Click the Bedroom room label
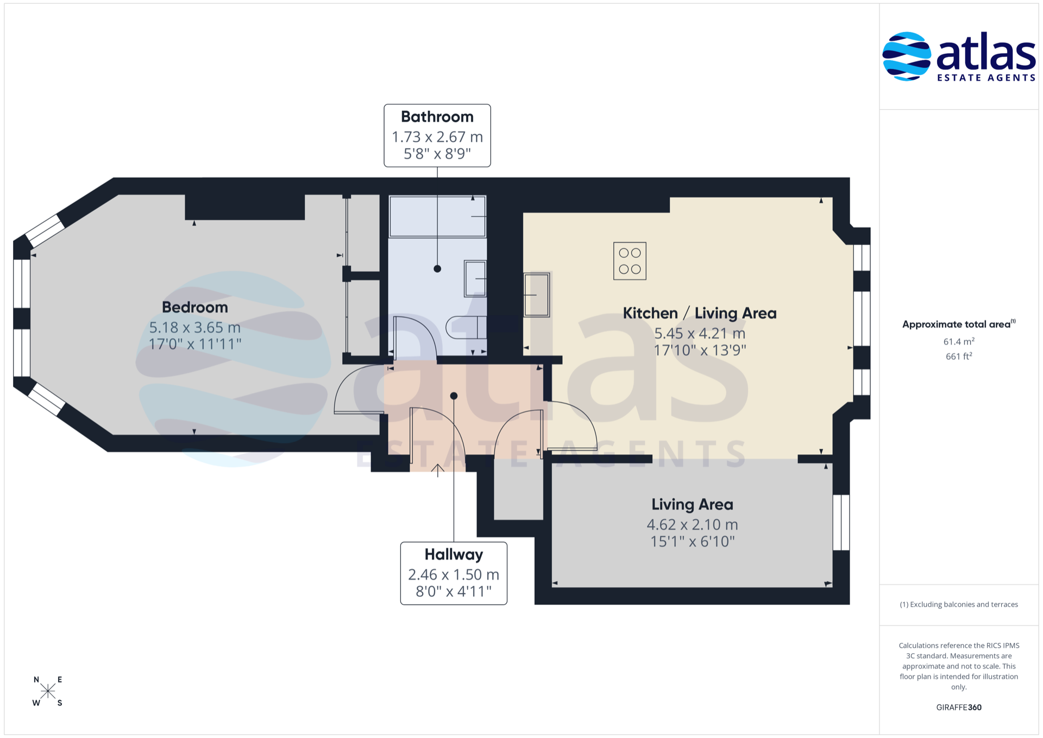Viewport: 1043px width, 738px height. (x=194, y=308)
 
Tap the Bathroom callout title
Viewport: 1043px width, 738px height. (x=437, y=117)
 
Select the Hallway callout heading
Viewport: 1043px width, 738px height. (x=454, y=555)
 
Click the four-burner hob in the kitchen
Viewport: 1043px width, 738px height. (x=630, y=261)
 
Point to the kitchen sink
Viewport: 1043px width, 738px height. (x=537, y=295)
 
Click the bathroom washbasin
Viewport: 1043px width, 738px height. (x=475, y=279)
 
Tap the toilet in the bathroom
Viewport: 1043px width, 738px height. (x=466, y=327)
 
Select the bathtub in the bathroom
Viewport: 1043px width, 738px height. (x=437, y=216)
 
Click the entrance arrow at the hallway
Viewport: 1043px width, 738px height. (x=438, y=470)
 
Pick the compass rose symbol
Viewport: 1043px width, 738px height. (x=48, y=691)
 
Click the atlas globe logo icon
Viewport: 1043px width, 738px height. (x=907, y=57)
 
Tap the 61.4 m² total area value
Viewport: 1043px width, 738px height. (x=959, y=341)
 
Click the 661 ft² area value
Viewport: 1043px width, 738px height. (x=959, y=357)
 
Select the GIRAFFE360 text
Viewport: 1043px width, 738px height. (x=959, y=707)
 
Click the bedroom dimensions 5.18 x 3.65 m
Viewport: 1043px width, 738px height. (x=194, y=328)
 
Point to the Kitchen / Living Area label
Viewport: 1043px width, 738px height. (x=700, y=314)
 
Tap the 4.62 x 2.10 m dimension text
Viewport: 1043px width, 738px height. (x=692, y=525)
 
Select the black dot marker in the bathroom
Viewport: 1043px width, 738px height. (x=437, y=268)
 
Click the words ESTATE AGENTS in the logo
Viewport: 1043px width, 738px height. (x=986, y=78)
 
